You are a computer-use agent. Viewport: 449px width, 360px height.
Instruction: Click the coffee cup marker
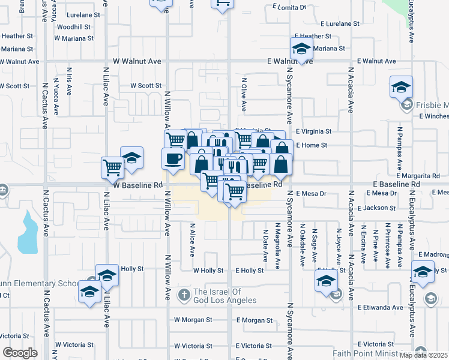(173, 158)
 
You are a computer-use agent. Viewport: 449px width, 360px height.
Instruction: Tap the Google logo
(20, 353)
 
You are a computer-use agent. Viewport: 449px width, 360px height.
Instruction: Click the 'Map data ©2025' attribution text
(423, 355)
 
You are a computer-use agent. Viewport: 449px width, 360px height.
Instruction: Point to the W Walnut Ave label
(137, 61)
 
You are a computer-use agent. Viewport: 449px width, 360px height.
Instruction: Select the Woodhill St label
(74, 27)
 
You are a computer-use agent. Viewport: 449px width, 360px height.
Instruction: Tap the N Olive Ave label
(244, 94)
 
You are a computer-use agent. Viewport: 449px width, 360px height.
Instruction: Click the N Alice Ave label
(193, 239)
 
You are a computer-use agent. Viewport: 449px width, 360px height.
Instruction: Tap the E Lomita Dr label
(288, 7)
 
